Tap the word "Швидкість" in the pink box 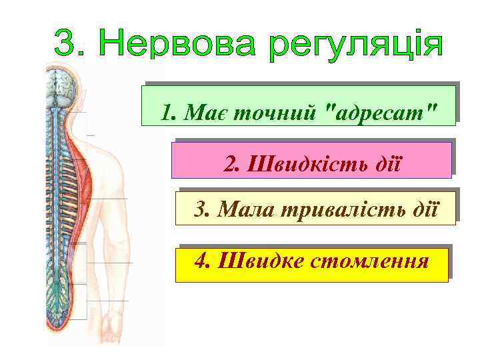[x=296, y=163]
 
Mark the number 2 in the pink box [x=230, y=163]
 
